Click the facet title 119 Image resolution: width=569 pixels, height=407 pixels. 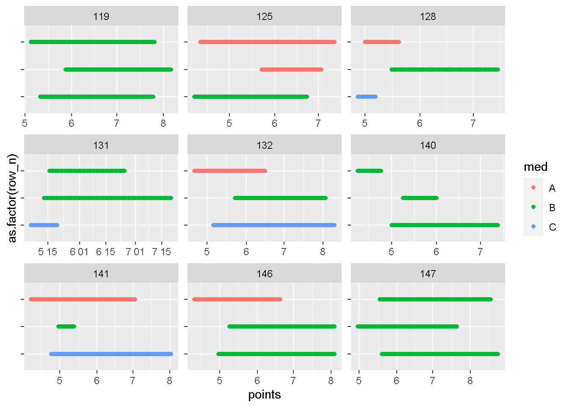point(101,17)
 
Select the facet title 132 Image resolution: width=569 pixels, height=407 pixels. point(265,145)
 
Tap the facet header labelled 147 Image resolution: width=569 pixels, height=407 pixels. point(428,274)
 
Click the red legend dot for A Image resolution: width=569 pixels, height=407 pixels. point(533,188)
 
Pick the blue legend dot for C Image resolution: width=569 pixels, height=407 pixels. point(533,227)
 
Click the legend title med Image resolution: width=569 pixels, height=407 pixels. point(536,167)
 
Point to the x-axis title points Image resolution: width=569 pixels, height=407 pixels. point(265,395)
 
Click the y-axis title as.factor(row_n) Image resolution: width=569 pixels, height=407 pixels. point(13,198)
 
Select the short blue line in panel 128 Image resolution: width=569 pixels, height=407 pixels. point(367,97)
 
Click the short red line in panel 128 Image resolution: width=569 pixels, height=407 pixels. point(381,42)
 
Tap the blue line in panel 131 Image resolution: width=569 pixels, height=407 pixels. point(44,225)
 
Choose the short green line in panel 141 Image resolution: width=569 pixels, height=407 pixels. point(66,326)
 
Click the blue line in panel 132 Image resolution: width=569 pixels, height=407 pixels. point(273,225)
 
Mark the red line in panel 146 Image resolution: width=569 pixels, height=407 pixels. point(237,299)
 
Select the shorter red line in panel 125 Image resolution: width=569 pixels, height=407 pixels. point(291,70)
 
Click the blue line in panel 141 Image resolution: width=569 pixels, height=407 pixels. point(111,354)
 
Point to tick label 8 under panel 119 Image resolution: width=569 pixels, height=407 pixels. point(163,123)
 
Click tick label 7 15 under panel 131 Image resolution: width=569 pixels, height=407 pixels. point(161,252)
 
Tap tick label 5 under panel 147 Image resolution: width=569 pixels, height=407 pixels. point(359,381)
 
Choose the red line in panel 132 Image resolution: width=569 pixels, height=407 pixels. point(229,171)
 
